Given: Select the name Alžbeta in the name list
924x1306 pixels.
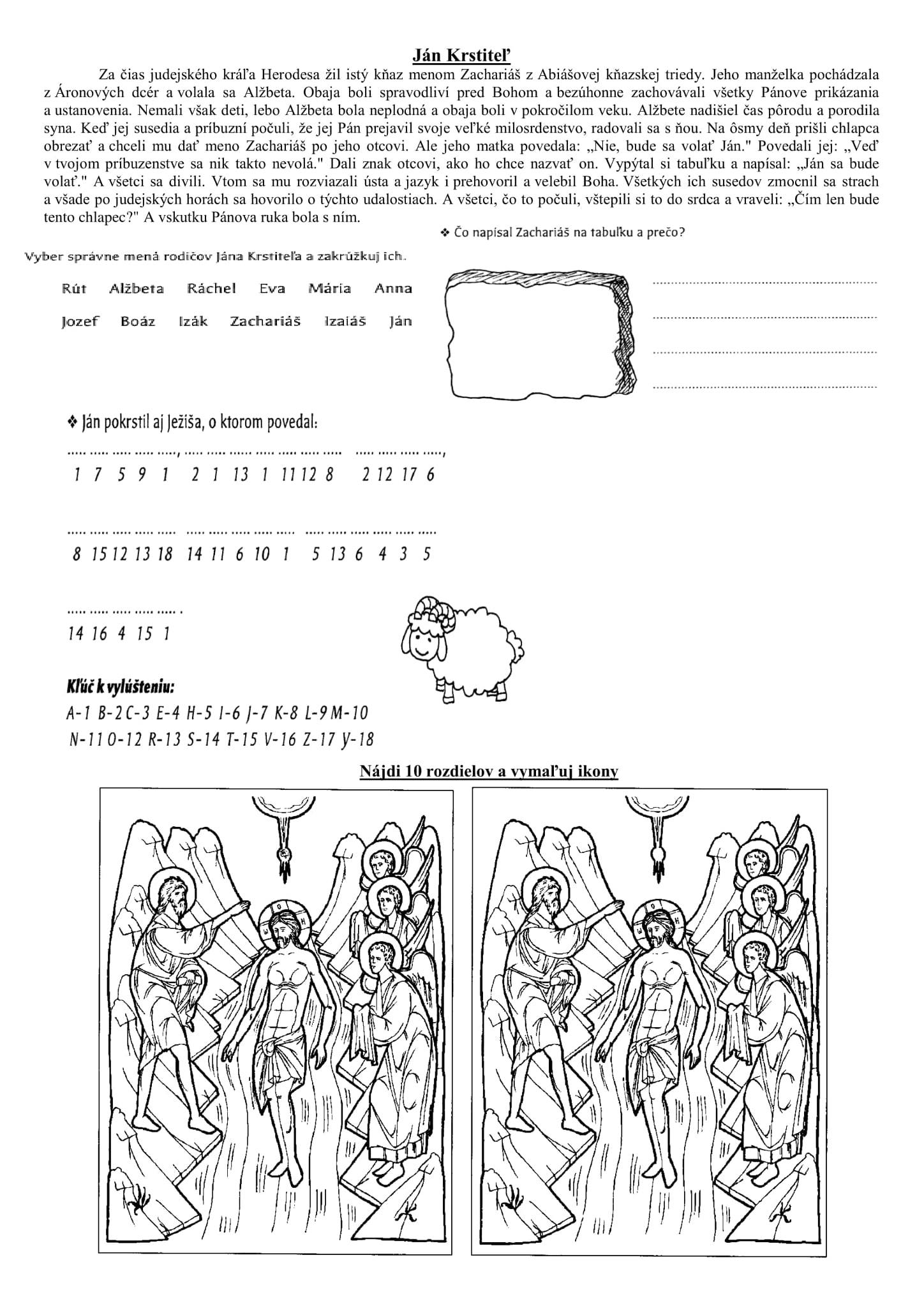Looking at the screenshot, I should [x=137, y=289].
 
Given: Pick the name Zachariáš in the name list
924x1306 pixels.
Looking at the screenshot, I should [x=265, y=322].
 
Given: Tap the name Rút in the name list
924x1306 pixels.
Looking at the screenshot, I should [x=74, y=289].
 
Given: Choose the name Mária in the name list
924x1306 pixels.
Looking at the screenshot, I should [x=330, y=289].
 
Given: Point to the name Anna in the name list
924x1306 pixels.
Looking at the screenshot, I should [x=393, y=289].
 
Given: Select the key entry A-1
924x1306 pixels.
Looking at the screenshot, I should [x=77, y=713].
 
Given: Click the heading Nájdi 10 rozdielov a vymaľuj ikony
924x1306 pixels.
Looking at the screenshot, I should [x=489, y=771].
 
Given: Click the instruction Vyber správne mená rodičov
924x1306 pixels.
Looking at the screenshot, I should [x=214, y=257].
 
